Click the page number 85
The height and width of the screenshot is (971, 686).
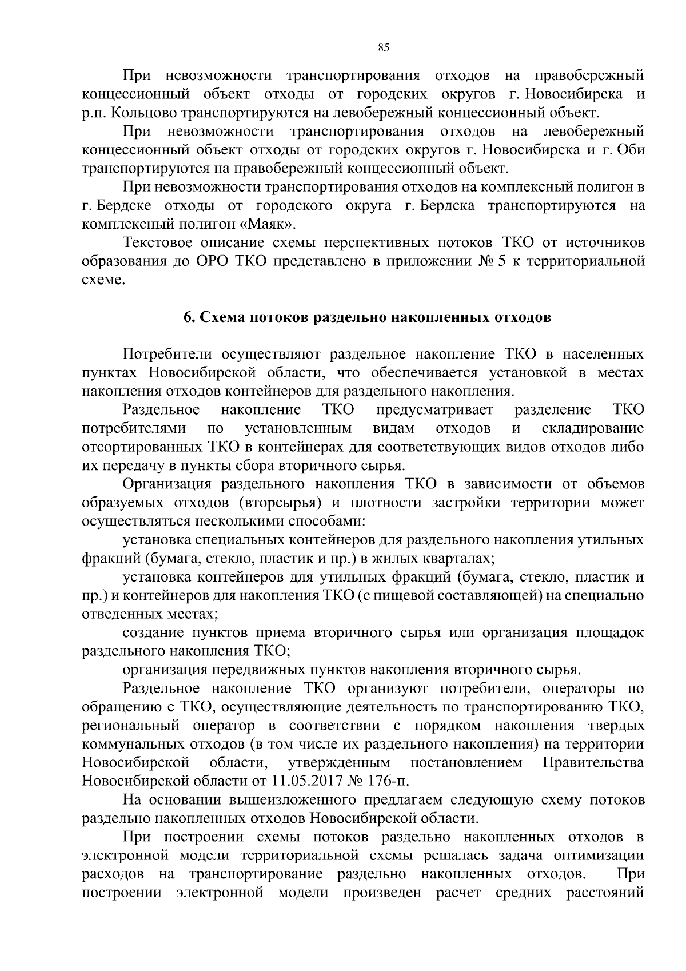384,48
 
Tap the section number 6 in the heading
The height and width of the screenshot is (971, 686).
187,317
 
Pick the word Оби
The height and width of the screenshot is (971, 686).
631,150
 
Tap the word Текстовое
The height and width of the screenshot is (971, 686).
161,243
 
